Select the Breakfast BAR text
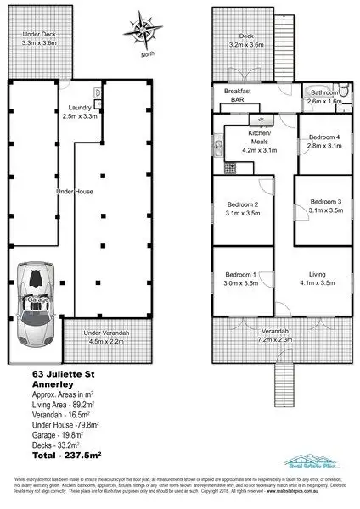(239, 95)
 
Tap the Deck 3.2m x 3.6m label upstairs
(246, 41)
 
